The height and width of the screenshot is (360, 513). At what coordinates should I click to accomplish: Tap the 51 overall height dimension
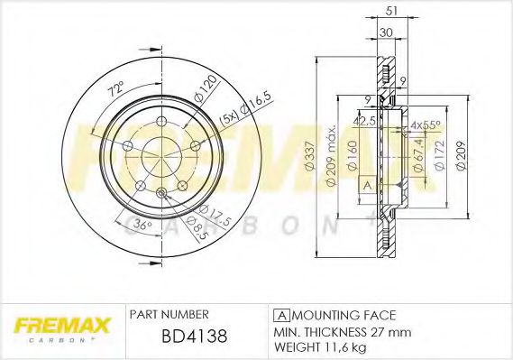[390, 11]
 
